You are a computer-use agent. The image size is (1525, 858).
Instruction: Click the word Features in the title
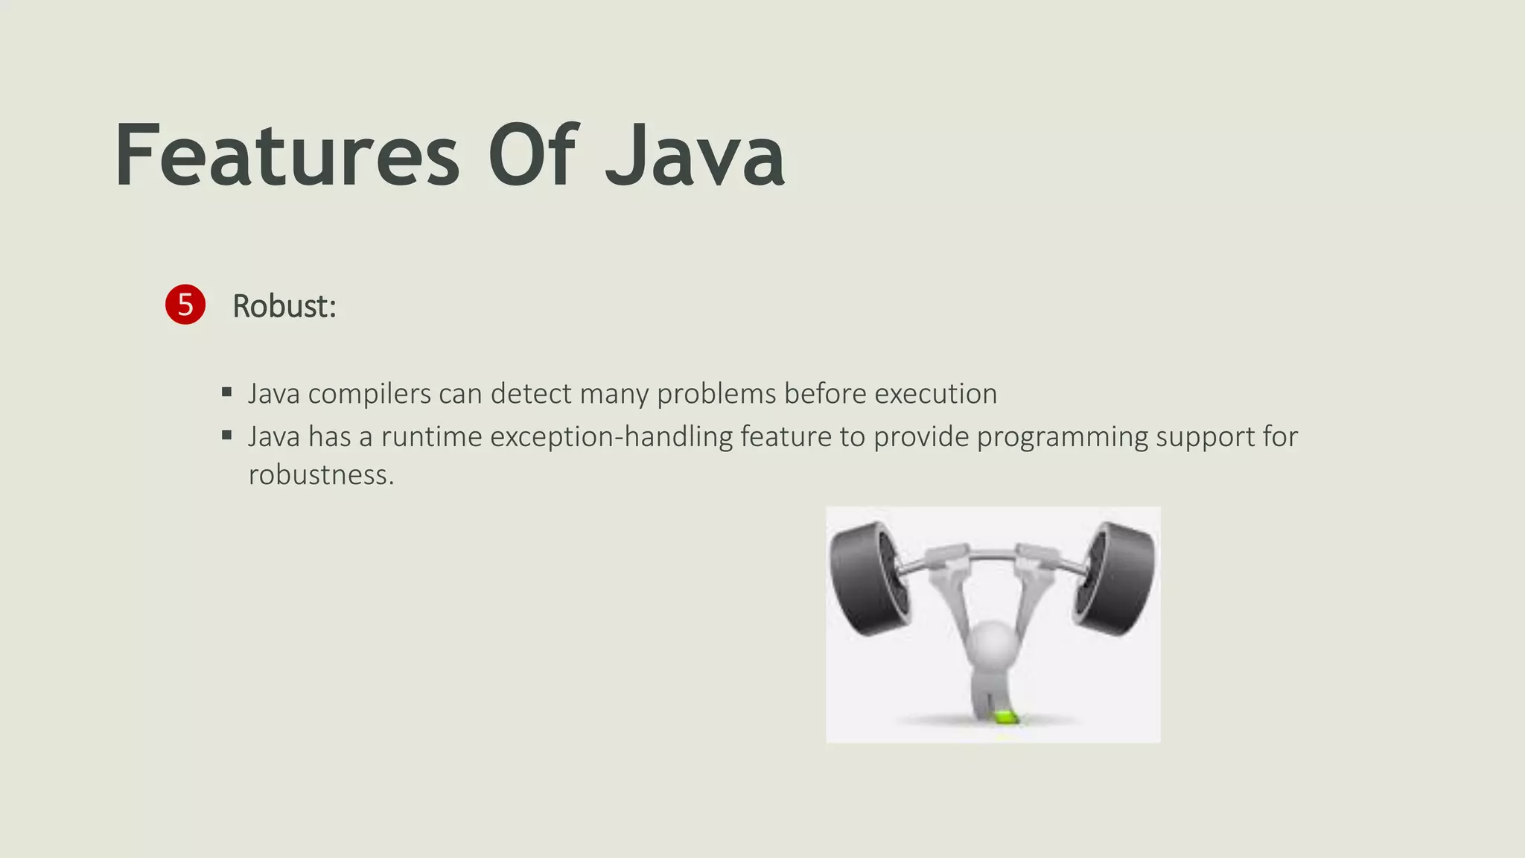click(x=287, y=156)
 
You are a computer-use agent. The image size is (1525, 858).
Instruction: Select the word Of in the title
click(x=532, y=156)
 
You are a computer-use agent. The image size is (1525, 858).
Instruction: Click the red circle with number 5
click(x=185, y=305)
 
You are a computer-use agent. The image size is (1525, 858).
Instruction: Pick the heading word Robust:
click(x=284, y=306)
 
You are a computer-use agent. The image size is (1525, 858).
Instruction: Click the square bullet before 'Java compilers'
click(x=227, y=392)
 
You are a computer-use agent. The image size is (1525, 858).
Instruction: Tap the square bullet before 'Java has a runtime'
click(x=227, y=435)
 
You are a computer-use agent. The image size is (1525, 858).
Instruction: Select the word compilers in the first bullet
click(x=369, y=394)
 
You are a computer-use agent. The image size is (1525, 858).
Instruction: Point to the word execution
click(x=935, y=394)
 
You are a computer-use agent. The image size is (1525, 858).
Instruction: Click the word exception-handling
click(x=611, y=437)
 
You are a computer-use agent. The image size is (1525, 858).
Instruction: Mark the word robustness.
click(x=321, y=475)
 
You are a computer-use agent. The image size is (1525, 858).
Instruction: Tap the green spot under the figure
click(x=1005, y=717)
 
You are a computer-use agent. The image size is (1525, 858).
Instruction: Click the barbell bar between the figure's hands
click(x=993, y=554)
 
